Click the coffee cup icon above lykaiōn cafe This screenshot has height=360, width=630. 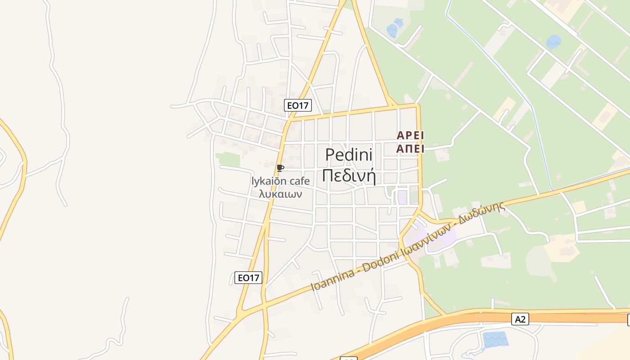tap(280, 168)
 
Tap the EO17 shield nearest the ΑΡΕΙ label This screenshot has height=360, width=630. tap(298, 105)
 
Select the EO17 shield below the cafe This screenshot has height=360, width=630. tap(248, 278)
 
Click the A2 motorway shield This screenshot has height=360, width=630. tap(520, 319)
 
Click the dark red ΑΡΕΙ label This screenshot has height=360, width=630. tap(410, 135)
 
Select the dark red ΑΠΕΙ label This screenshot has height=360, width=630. tap(410, 148)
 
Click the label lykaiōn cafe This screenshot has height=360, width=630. tap(281, 181)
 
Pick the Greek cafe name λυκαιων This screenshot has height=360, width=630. tap(281, 194)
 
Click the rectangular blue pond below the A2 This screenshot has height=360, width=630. tap(495, 338)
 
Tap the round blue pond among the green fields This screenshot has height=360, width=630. tap(553, 42)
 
